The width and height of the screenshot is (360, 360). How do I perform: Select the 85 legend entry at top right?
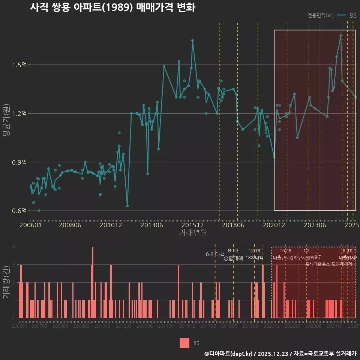[x=347, y=15]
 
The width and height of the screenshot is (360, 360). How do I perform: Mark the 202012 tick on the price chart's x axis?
[x=273, y=225]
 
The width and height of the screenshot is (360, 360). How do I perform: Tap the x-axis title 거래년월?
[x=193, y=233]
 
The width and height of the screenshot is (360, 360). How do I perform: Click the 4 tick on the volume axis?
[x=14, y=247]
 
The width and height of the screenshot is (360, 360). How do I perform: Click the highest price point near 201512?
[x=192, y=40]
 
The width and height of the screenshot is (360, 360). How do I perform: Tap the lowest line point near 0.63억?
[x=127, y=206]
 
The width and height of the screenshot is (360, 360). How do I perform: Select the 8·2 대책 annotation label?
[x=215, y=254]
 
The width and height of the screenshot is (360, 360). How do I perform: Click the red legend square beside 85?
[x=184, y=343]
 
